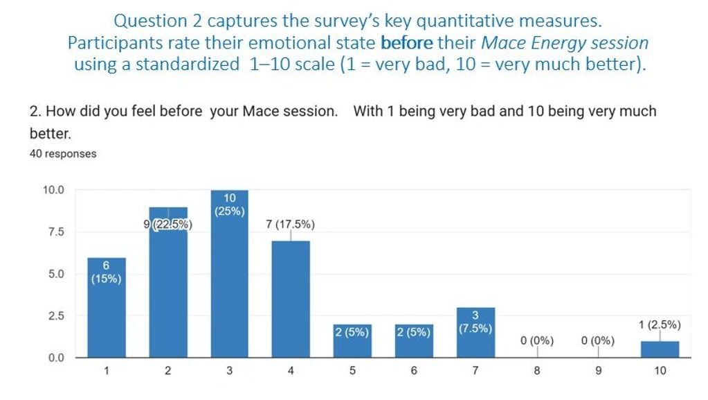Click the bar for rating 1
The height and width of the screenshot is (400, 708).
(107, 308)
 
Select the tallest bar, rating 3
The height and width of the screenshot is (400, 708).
(229, 277)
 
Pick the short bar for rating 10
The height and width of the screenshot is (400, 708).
(660, 349)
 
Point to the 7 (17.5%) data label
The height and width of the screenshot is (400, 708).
(291, 224)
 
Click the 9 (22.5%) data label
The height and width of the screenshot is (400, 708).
(168, 224)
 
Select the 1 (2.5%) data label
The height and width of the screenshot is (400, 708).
(660, 324)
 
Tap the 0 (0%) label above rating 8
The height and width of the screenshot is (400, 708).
(537, 340)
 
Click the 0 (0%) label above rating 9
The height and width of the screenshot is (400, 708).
(598, 340)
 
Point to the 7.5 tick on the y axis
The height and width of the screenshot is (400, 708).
(55, 232)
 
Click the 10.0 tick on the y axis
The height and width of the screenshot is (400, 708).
(53, 190)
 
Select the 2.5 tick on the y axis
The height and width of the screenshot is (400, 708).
(55, 316)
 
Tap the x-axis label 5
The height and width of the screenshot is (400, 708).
(352, 371)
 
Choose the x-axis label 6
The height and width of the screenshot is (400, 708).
(414, 371)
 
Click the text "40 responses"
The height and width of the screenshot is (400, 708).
(63, 154)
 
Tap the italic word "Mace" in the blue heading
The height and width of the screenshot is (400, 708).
(502, 43)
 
